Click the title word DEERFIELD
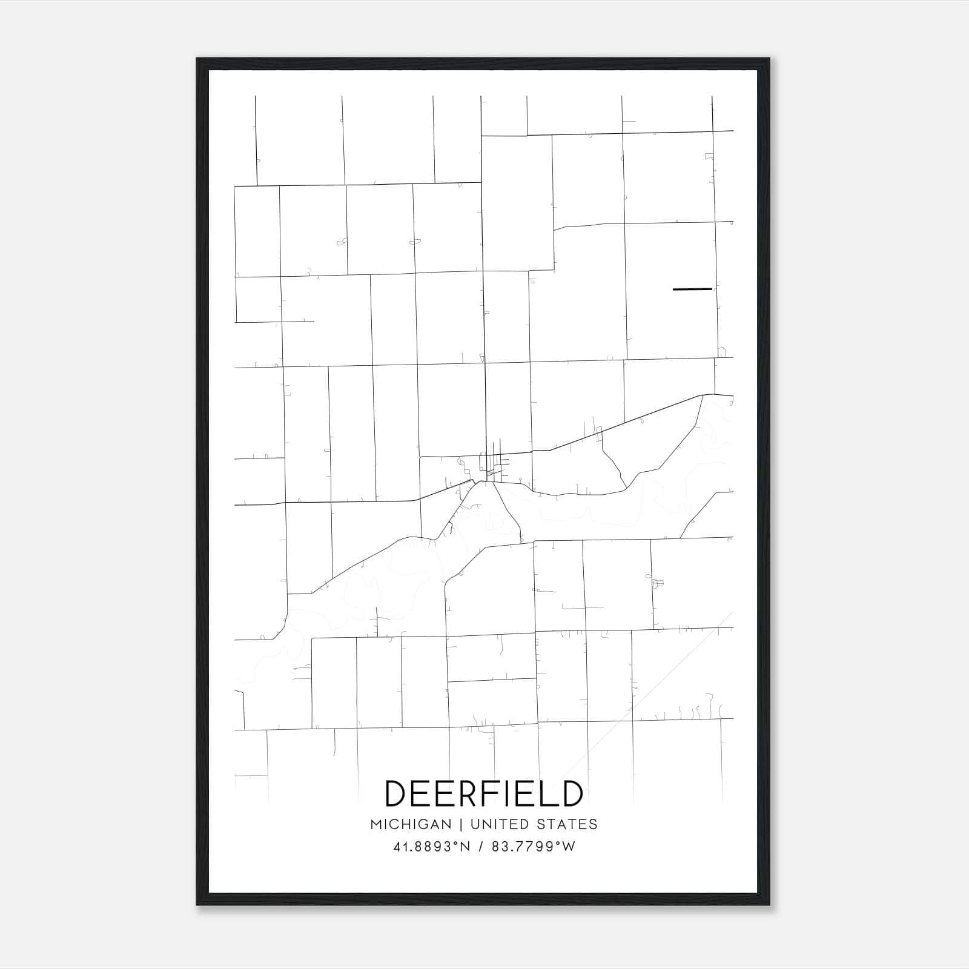[484, 794]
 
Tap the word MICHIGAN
[411, 824]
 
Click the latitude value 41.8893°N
[431, 847]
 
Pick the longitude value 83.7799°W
[534, 847]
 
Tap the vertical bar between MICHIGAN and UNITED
[461, 824]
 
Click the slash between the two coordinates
[481, 847]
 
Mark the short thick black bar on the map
[692, 289]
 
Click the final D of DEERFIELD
[570, 794]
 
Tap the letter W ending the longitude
[569, 847]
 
